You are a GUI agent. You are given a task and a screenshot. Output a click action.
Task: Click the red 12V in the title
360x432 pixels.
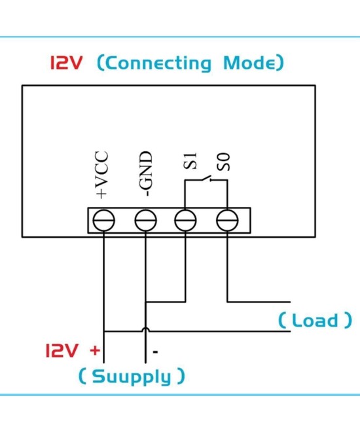tap(67, 63)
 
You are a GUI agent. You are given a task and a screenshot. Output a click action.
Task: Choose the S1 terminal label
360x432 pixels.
tap(190, 161)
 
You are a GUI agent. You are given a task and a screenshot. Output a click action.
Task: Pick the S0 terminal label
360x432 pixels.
tap(225, 162)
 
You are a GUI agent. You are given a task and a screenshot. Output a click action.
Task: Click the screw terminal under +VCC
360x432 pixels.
tap(103, 220)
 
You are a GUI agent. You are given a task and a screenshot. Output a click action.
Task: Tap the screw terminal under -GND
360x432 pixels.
tap(145, 220)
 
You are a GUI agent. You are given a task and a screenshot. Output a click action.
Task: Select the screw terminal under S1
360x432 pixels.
tap(186, 220)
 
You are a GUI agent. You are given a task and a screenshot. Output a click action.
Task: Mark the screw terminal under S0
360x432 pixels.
tap(226, 220)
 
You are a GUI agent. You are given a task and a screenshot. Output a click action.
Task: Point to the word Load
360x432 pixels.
tap(315, 321)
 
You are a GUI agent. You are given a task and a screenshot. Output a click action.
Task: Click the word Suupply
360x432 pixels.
tap(131, 376)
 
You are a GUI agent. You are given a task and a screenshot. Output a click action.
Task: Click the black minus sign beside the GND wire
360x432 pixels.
tap(155, 352)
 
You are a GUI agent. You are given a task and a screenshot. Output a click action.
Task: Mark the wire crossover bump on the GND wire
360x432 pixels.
tap(145, 330)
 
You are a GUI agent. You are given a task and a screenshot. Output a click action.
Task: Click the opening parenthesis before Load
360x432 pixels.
tap(282, 321)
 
